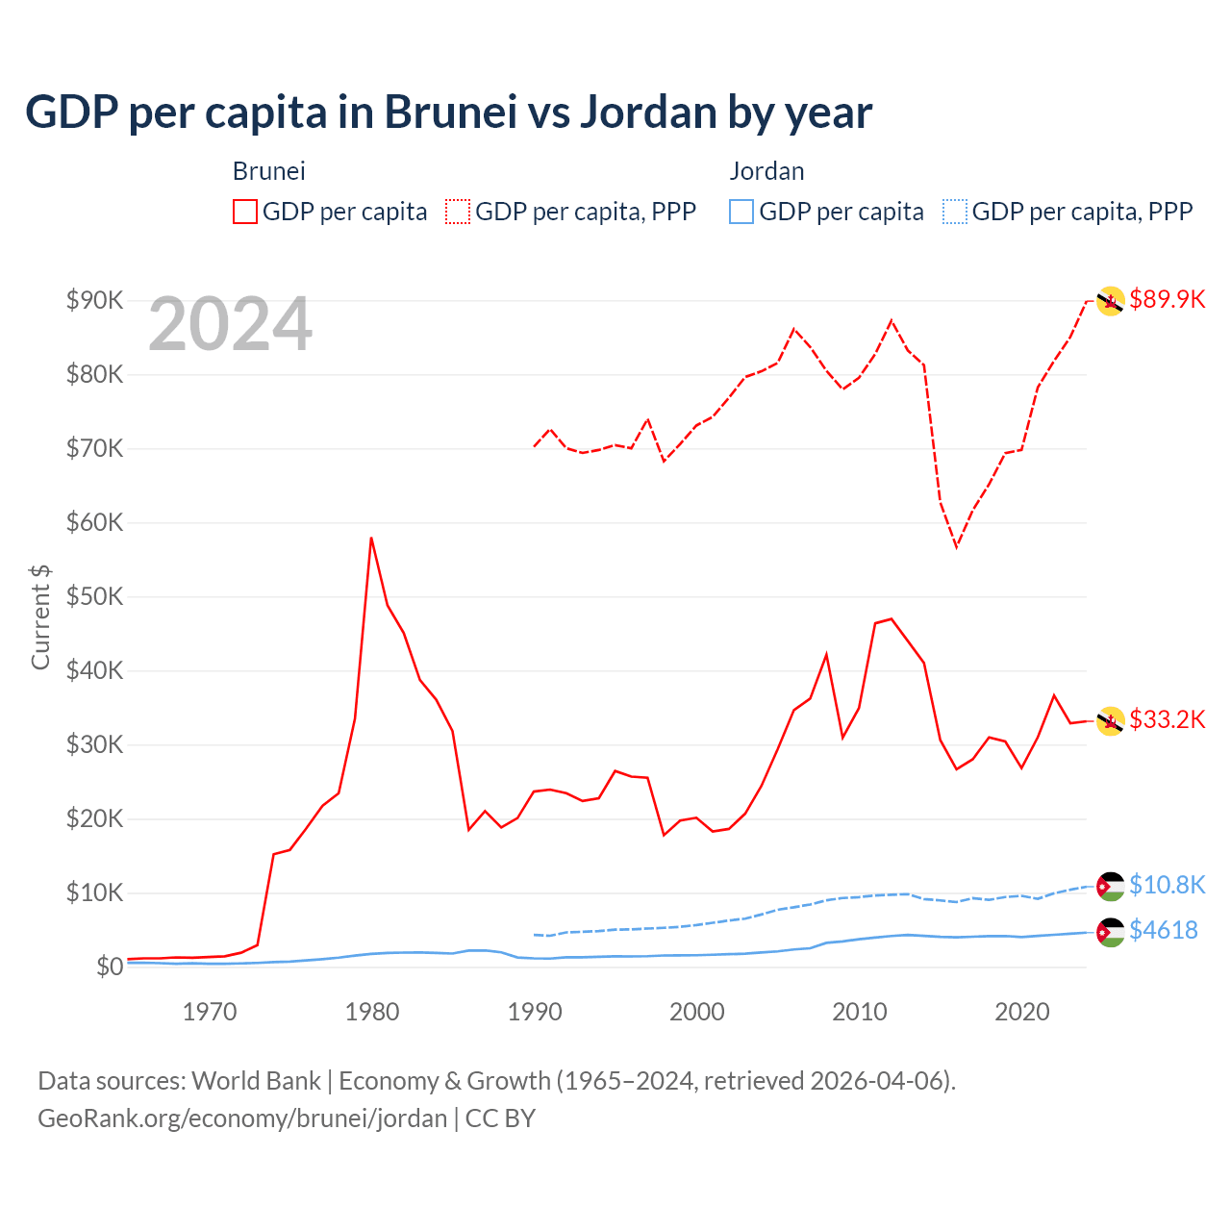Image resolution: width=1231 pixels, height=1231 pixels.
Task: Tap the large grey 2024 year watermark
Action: pos(230,324)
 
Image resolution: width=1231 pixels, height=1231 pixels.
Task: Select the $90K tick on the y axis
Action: pos(94,300)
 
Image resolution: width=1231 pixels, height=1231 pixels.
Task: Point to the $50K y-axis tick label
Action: pos(94,596)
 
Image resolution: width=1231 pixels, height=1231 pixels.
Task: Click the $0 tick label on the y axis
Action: pos(110,967)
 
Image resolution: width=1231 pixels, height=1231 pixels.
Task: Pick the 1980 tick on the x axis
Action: pos(372,1012)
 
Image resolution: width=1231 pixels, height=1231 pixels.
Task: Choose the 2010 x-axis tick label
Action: pos(859,1012)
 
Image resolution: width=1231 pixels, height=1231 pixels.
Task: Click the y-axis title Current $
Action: pos(40,616)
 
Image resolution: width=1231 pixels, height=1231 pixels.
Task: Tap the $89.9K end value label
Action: pos(1167,299)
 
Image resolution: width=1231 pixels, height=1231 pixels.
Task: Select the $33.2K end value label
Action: pos(1167,719)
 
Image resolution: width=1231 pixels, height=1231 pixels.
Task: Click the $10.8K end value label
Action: pos(1167,885)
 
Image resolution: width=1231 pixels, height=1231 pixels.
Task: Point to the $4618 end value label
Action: pos(1163,930)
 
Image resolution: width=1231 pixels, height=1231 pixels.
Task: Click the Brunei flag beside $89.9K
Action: pos(1111,302)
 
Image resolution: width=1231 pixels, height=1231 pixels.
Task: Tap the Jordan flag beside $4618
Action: pos(1111,932)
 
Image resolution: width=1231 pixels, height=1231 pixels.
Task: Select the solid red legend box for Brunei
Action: pos(245,212)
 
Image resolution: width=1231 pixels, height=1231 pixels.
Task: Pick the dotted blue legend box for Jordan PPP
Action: pos(955,212)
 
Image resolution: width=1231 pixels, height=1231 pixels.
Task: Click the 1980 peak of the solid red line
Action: pos(371,539)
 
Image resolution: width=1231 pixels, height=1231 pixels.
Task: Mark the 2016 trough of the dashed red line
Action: pos(956,546)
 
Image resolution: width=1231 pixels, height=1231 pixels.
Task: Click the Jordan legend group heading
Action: pos(766,171)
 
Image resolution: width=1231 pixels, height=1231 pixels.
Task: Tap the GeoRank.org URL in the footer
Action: pos(242,1118)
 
